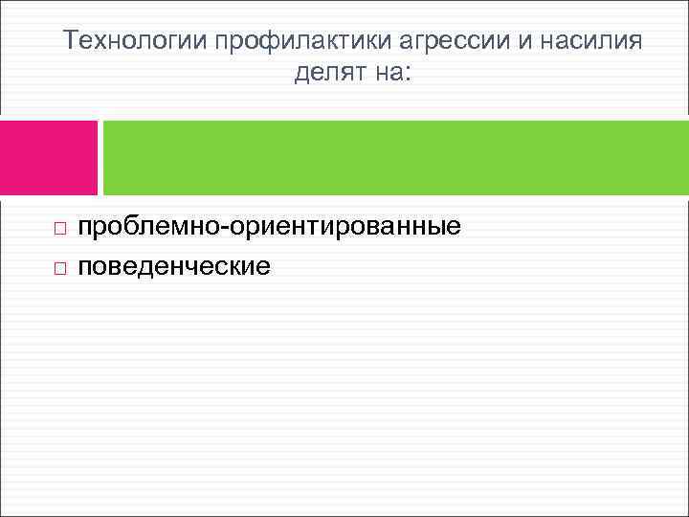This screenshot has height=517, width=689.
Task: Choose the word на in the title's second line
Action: pos(386,73)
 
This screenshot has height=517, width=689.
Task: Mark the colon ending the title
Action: pos(407,74)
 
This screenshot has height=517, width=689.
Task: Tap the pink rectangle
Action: pos(49,157)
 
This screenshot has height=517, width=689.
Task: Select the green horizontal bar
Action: pos(395,157)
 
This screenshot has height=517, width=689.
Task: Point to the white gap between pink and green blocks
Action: pos(100,157)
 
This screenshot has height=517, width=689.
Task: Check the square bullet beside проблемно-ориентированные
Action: pos(59,230)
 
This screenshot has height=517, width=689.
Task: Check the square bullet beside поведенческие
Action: pos(59,267)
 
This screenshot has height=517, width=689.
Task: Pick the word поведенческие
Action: pos(174,265)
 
